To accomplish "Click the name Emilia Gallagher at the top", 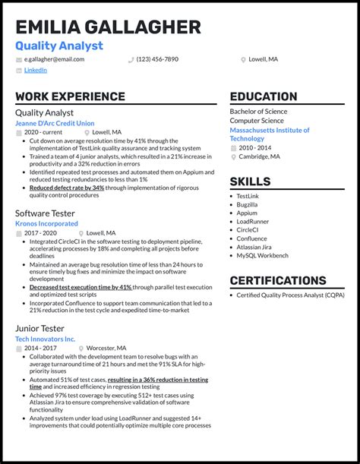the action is (x=108, y=27).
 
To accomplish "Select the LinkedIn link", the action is (x=35, y=70).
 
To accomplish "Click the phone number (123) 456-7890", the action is (x=157, y=59).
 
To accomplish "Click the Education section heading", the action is (x=264, y=96).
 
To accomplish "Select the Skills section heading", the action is (x=250, y=181).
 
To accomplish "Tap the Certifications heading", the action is (x=278, y=281).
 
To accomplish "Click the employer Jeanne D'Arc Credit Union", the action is (x=55, y=123).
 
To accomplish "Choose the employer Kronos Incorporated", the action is (x=46, y=224).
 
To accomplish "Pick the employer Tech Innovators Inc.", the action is (x=45, y=339).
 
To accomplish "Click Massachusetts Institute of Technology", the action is (x=270, y=134).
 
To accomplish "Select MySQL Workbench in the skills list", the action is (x=263, y=255).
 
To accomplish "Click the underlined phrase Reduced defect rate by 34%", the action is (x=67, y=187).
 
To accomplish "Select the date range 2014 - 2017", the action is (x=40, y=348).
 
